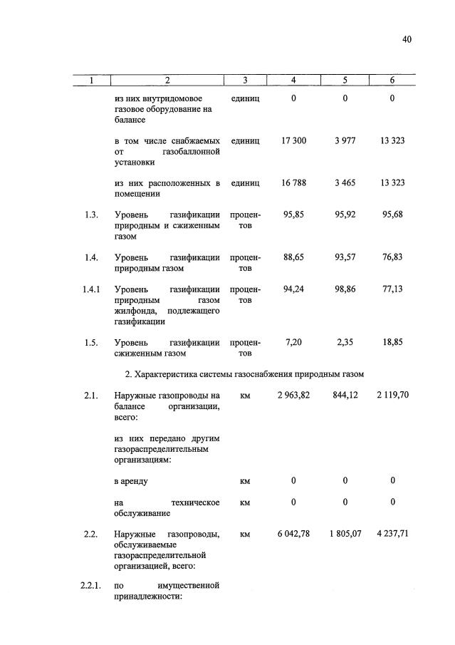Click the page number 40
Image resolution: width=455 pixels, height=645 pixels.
(x=407, y=40)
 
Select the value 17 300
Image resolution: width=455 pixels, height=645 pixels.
(x=293, y=141)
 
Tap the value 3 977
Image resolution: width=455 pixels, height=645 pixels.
(x=345, y=141)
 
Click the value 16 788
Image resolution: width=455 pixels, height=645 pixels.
(x=293, y=183)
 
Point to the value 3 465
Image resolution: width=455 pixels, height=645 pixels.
(x=345, y=183)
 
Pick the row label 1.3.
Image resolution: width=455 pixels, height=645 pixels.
(x=90, y=215)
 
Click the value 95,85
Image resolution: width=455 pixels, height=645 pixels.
(x=293, y=215)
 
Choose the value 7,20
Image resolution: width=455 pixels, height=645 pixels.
(x=293, y=342)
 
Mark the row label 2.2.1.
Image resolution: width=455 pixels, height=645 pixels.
(x=92, y=586)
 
